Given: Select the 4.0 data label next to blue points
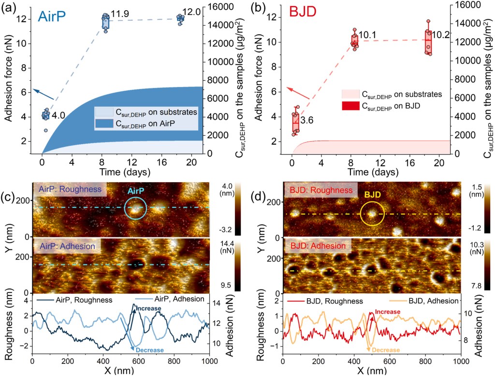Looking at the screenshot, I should point(58,115).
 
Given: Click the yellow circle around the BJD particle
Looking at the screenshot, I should point(371,215).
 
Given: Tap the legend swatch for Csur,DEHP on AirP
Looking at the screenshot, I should point(105,123).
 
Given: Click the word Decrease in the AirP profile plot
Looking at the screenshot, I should point(150,350).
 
